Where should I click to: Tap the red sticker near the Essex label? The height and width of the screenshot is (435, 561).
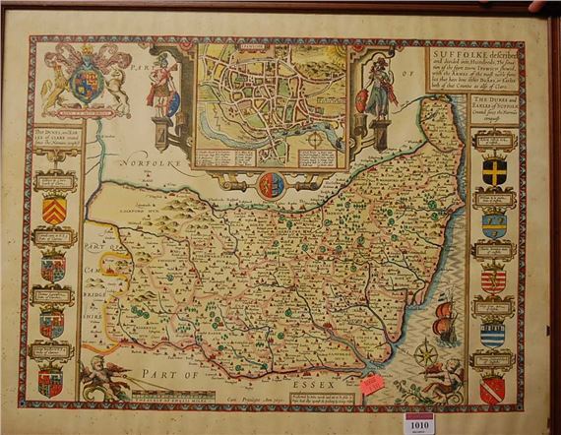[x=372, y=384]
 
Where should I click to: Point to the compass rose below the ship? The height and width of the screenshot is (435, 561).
[x=427, y=353]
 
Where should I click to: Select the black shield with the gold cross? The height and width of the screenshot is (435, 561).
[x=494, y=170]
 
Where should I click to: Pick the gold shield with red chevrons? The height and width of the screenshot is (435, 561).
[x=55, y=210]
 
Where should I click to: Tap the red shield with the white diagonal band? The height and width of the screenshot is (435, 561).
[x=492, y=389]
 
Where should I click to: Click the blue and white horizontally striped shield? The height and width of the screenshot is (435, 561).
[x=492, y=334]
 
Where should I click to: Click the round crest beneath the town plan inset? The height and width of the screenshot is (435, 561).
[x=272, y=182]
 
